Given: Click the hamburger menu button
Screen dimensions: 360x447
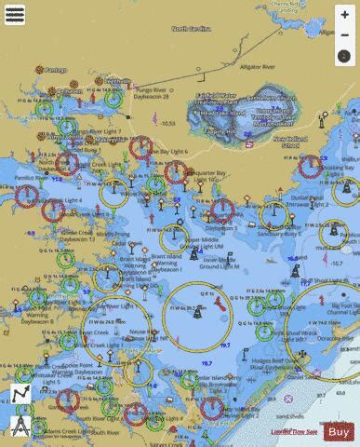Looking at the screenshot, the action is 15,15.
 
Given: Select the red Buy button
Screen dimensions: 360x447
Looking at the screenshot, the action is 340,431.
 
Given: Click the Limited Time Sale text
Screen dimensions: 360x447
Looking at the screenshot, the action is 294,432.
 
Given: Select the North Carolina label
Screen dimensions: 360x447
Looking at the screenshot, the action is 193,29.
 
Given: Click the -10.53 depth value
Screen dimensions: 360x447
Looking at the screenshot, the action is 167,122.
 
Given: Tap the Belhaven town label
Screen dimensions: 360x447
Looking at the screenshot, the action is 118,81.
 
